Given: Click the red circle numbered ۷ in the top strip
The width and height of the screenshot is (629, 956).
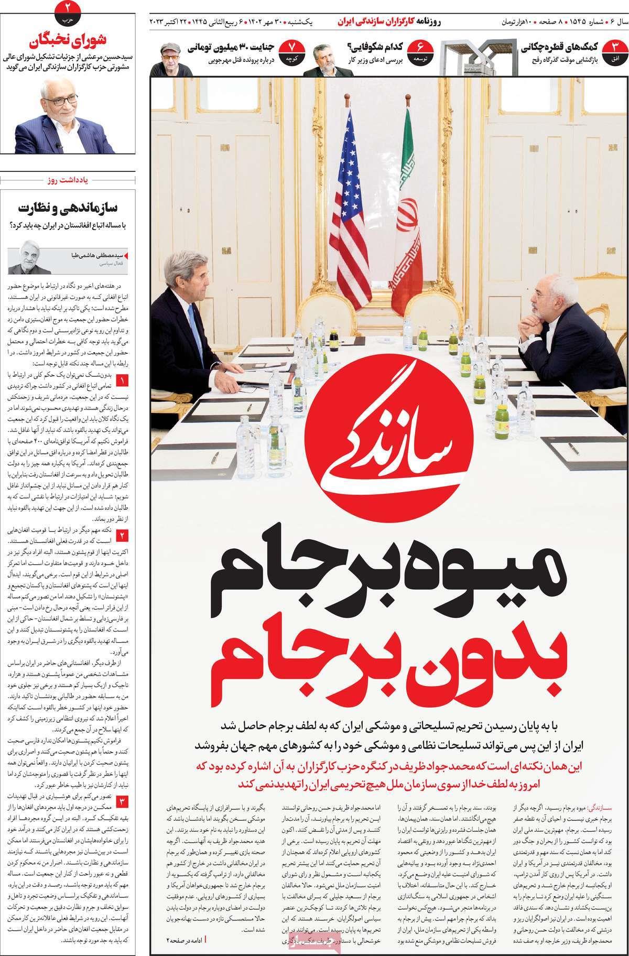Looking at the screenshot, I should pos(292,54).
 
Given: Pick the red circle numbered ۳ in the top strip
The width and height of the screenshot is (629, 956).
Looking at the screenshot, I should pos(611,54).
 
